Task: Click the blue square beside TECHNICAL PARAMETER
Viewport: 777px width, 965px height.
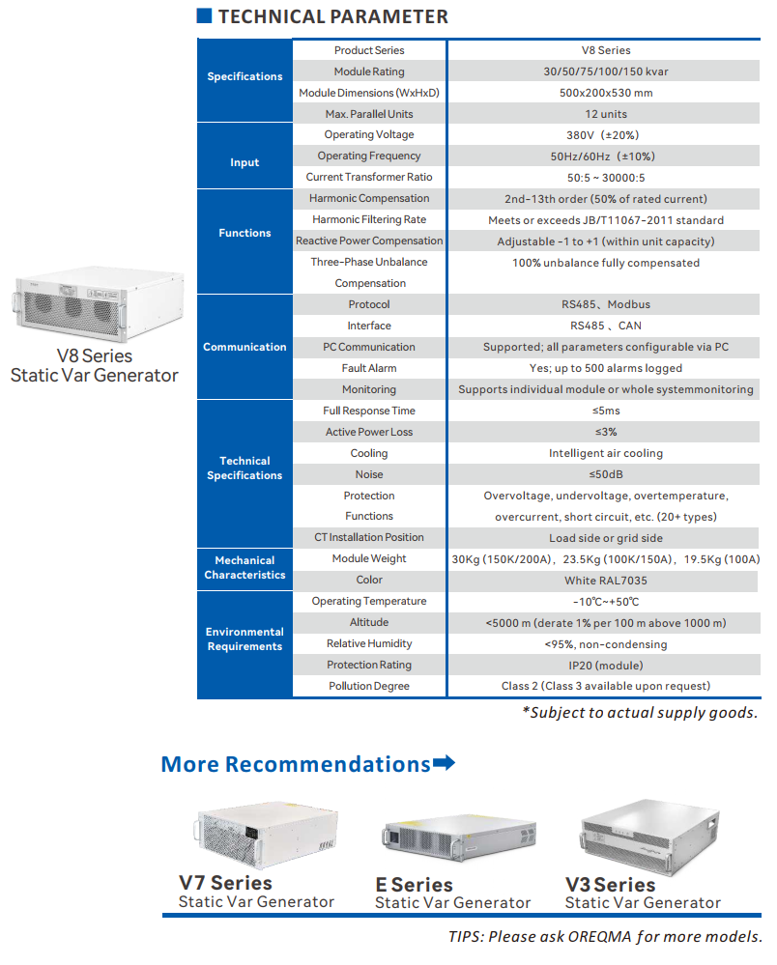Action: click(x=204, y=15)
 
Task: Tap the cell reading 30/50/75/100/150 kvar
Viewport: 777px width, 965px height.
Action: click(x=605, y=71)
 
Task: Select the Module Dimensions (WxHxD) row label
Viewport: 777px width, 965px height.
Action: click(x=369, y=93)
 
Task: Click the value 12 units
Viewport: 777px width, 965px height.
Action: click(x=606, y=114)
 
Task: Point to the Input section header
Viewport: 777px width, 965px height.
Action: click(x=245, y=162)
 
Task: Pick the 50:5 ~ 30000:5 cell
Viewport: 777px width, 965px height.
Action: click(x=606, y=178)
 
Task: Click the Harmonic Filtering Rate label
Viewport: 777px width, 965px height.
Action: click(x=369, y=219)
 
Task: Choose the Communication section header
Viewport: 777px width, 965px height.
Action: click(x=245, y=347)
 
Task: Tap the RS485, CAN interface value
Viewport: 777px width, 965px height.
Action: click(x=606, y=326)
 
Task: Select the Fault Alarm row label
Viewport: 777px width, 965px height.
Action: click(x=369, y=368)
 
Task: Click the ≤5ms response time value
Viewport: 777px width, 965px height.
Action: click(x=606, y=411)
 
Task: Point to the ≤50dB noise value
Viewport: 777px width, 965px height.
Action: click(x=606, y=474)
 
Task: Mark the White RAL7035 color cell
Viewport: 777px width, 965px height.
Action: click(x=606, y=581)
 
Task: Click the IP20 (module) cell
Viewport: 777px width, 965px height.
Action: click(x=606, y=666)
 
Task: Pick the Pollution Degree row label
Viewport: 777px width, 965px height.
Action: click(x=369, y=686)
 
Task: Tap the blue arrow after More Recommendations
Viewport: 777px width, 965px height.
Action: click(x=444, y=763)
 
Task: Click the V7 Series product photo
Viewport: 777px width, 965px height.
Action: click(x=267, y=835)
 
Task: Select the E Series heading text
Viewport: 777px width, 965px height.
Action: click(x=414, y=885)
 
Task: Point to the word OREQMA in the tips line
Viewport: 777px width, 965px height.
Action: click(x=600, y=937)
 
